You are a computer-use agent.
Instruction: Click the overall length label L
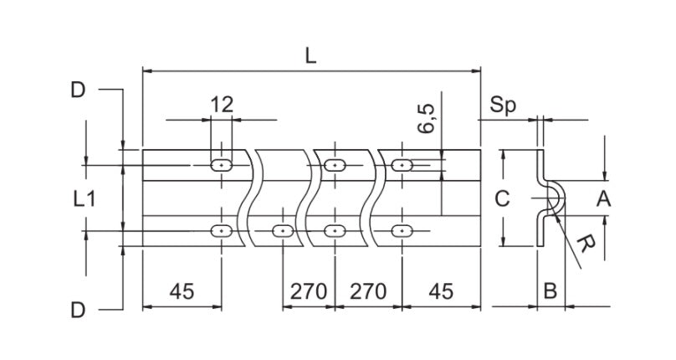click(310, 56)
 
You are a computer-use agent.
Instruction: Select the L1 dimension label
click(84, 199)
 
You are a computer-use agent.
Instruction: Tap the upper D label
click(78, 90)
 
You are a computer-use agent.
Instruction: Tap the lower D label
click(78, 311)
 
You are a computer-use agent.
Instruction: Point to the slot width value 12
click(222, 105)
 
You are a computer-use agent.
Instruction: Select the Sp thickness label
click(504, 105)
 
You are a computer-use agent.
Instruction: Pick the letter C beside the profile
click(501, 199)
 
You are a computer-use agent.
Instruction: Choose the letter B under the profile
click(550, 291)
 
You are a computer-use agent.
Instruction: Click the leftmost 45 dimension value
click(182, 291)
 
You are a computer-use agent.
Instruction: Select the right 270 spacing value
click(367, 291)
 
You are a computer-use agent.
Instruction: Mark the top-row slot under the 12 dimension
click(222, 166)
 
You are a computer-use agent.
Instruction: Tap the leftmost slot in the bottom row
click(222, 229)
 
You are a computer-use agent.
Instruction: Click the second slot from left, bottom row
click(282, 229)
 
